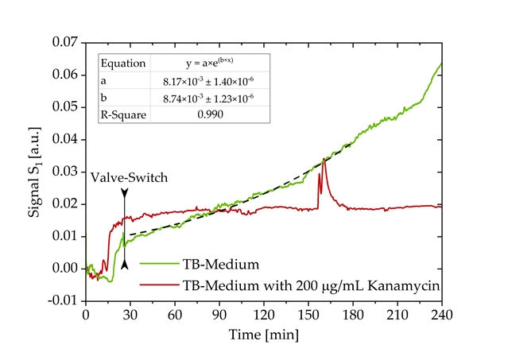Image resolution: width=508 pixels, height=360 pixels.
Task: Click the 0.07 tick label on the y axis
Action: pos(66,42)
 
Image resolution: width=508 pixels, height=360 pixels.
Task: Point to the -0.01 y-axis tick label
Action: pos(64,300)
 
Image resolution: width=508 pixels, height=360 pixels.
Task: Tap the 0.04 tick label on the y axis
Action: pos(66,139)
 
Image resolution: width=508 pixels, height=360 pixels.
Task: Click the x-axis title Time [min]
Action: pos(263,335)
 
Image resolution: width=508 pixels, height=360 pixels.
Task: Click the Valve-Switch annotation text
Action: pos(130,178)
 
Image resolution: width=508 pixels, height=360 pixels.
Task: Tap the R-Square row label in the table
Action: pos(122,114)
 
